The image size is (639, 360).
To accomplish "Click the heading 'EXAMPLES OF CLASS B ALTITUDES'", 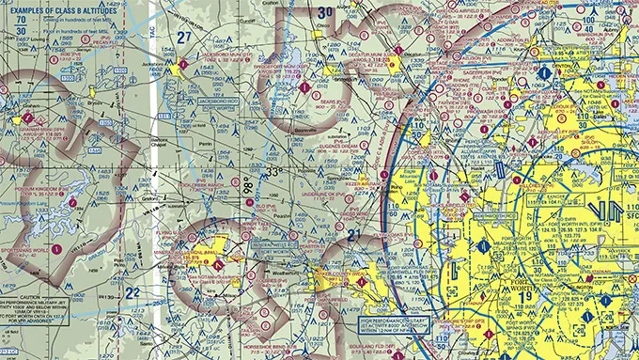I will [55, 7].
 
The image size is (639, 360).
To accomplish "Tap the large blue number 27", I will [184, 38].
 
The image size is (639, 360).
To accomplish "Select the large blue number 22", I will [132, 292].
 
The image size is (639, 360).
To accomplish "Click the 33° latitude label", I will [273, 174].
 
